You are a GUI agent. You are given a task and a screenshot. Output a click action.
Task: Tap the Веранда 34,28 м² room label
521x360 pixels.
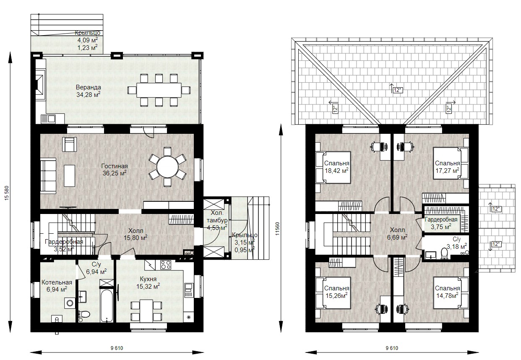pyautogui.click(x=89, y=91)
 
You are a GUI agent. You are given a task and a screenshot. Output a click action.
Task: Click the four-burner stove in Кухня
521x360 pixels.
pyautogui.click(x=166, y=265)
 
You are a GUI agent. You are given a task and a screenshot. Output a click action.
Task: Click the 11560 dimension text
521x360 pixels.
pyautogui.click(x=277, y=229)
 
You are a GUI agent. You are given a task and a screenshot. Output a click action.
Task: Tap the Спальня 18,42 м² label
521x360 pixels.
pyautogui.click(x=336, y=167)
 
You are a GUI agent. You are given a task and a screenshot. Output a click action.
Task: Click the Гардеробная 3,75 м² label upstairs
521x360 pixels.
pyautogui.click(x=441, y=223)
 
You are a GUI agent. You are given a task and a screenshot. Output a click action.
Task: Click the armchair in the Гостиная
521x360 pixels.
pyautogui.click(x=69, y=144)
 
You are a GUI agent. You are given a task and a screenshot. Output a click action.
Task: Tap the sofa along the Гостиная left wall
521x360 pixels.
pyautogui.click(x=48, y=176)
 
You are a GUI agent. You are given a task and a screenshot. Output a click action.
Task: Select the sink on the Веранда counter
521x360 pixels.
pyautogui.click(x=48, y=119)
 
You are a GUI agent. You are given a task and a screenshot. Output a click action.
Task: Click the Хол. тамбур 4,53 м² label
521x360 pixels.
pyautogui.click(x=217, y=220)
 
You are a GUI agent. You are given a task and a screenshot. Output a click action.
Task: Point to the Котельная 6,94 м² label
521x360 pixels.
pyautogui.click(x=57, y=286)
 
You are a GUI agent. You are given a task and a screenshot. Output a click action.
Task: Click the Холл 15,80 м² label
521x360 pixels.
pyautogui.click(x=135, y=234)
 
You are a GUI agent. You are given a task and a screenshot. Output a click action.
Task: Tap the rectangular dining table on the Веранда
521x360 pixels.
pyautogui.click(x=159, y=90)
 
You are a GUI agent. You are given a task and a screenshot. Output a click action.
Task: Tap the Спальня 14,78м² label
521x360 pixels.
pyautogui.click(x=448, y=292)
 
